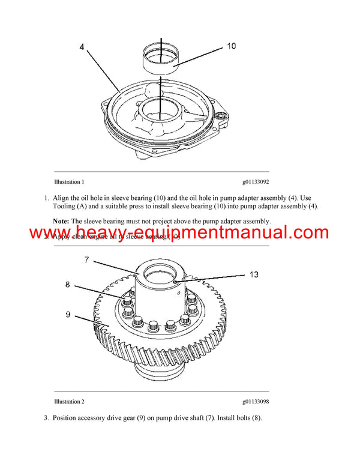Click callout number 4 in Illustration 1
(x=82, y=47)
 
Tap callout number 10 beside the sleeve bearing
(x=232, y=46)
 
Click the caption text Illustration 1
(x=69, y=181)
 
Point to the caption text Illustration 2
(x=69, y=401)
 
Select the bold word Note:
(x=61, y=221)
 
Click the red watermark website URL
(x=179, y=233)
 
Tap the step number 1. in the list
(x=47, y=198)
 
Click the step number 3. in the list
(x=47, y=417)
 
